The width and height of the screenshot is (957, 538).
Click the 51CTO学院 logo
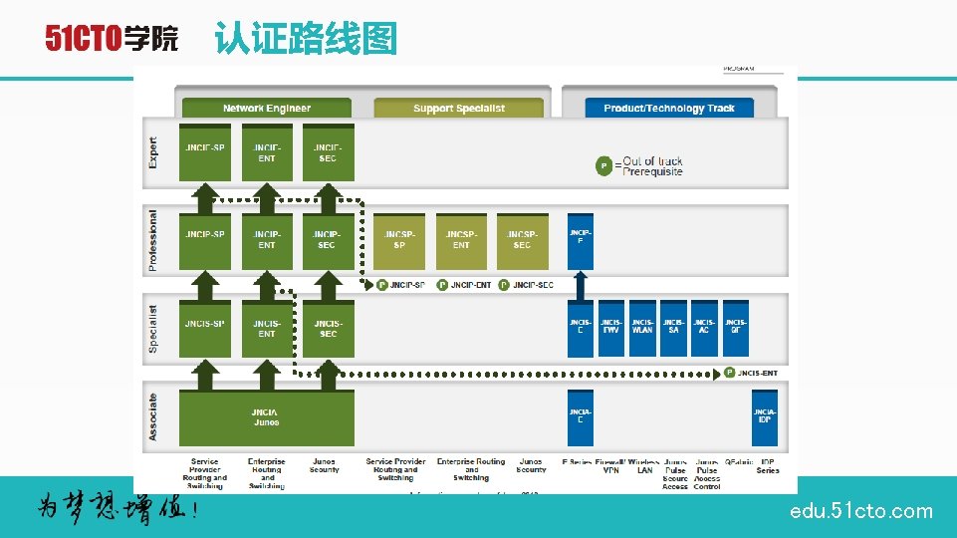pyautogui.click(x=112, y=39)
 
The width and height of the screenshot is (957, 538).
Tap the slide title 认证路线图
pyautogui.click(x=306, y=39)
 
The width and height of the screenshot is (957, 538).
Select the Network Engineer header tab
pyautogui.click(x=266, y=108)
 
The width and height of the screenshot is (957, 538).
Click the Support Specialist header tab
pyautogui.click(x=459, y=108)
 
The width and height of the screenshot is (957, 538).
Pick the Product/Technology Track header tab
pyautogui.click(x=668, y=108)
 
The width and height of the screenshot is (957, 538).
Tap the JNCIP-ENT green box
pyautogui.click(x=266, y=241)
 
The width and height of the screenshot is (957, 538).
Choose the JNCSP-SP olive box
pyautogui.click(x=399, y=241)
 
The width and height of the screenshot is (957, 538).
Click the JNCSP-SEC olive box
pyautogui.click(x=522, y=241)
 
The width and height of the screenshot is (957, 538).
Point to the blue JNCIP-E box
pyautogui.click(x=580, y=241)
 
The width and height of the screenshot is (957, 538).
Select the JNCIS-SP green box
pyautogui.click(x=204, y=328)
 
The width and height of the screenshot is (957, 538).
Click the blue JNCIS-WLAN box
pyautogui.click(x=642, y=328)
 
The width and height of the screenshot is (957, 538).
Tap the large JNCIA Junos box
pyautogui.click(x=266, y=416)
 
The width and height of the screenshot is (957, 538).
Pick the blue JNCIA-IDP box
pyautogui.click(x=764, y=416)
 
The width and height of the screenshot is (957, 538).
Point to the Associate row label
pyautogui.click(x=153, y=416)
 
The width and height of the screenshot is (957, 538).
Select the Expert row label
pyautogui.click(x=153, y=151)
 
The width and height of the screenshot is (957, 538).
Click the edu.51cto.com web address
pyautogui.click(x=860, y=511)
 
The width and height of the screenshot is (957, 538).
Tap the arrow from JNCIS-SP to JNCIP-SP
pyautogui.click(x=204, y=285)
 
